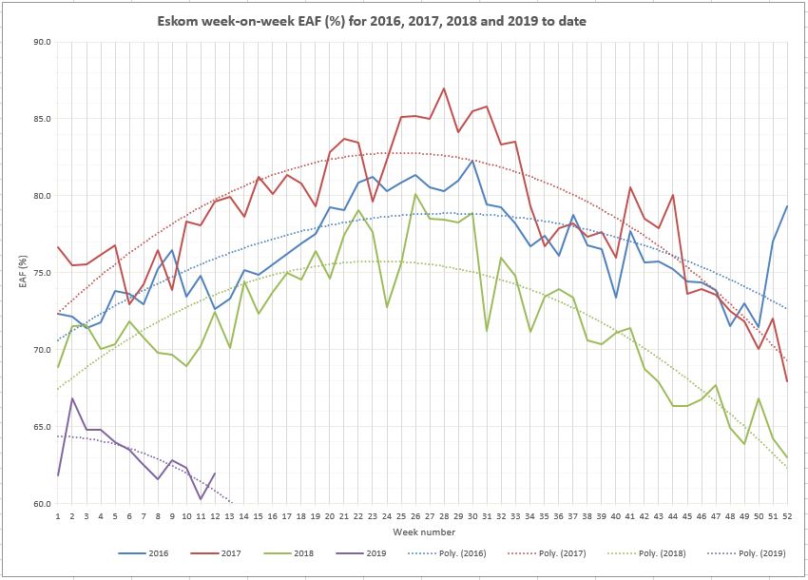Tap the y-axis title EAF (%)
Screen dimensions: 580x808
tap(25, 272)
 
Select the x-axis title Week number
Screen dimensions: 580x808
tap(422, 532)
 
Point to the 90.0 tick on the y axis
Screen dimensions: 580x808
tap(41, 42)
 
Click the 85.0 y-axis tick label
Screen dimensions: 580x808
tap(41, 119)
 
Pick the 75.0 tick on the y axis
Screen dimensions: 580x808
tap(41, 273)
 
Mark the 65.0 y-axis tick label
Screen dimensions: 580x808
tap(41, 427)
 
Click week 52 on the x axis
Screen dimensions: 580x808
tap(786, 516)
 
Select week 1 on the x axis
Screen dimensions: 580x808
tap(59, 516)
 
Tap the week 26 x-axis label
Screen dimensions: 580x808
tap(414, 516)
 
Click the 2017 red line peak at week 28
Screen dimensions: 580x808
tap(444, 88)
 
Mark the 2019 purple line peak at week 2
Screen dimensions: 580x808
tap(73, 398)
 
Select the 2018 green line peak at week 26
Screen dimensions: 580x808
tap(415, 194)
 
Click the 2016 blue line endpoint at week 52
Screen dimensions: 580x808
tap(786, 206)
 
